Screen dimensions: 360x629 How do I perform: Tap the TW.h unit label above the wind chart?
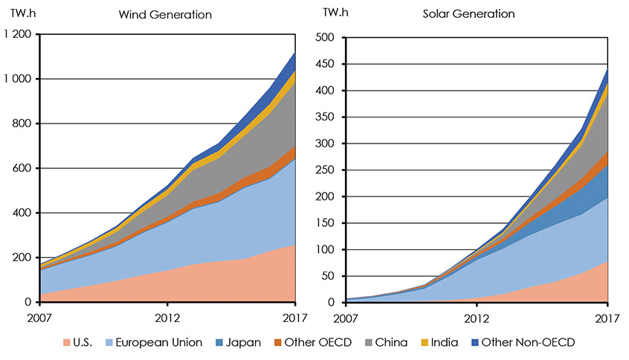point(24,14)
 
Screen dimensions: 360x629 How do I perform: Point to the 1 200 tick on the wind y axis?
point(18,35)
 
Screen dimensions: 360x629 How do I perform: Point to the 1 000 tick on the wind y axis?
point(18,80)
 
